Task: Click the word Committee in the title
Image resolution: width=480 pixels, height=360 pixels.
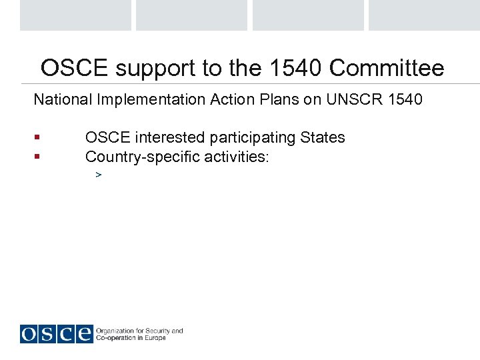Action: [x=387, y=68]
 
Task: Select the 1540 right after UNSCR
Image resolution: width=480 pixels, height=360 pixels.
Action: [x=404, y=100]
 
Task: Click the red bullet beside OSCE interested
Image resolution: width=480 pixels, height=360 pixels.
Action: [x=37, y=138]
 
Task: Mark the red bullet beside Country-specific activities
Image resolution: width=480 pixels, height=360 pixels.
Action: [x=37, y=157]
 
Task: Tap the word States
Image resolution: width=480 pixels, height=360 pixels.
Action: [x=323, y=138]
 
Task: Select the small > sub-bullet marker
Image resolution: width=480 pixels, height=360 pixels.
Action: [x=98, y=175]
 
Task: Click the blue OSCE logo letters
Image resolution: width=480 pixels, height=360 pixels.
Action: [x=56, y=333]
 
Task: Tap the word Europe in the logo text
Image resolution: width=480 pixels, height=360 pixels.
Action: [x=156, y=338]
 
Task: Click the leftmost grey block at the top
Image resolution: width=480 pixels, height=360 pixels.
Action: [x=75, y=15]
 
